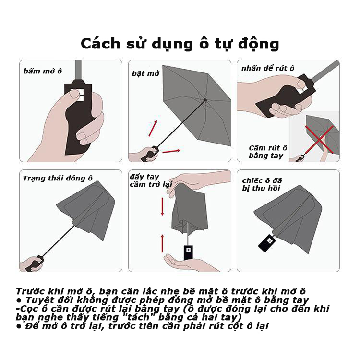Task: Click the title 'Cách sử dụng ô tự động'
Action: coord(180,43)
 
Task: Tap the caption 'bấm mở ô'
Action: coord(43,71)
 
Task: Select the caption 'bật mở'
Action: coord(145,73)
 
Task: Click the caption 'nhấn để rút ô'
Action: coord(267,68)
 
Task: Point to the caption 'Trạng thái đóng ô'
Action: coord(58,178)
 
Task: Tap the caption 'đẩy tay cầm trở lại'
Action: coord(150,180)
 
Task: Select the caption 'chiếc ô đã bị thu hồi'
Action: coord(262,184)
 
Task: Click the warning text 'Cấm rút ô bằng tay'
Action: coord(267,152)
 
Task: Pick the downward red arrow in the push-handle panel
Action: coord(163,206)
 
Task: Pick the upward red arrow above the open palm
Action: coord(163,243)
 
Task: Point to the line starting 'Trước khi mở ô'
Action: coord(160,291)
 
